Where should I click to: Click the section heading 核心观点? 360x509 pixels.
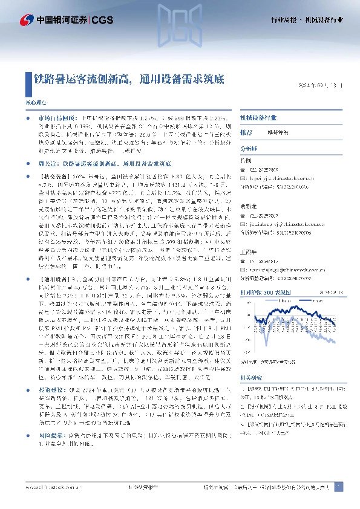pos(34,103)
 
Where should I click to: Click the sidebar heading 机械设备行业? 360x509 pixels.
pos(258,118)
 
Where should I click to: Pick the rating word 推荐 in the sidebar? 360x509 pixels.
pos(246,132)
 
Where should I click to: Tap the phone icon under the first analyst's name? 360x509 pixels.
pos(243,169)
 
